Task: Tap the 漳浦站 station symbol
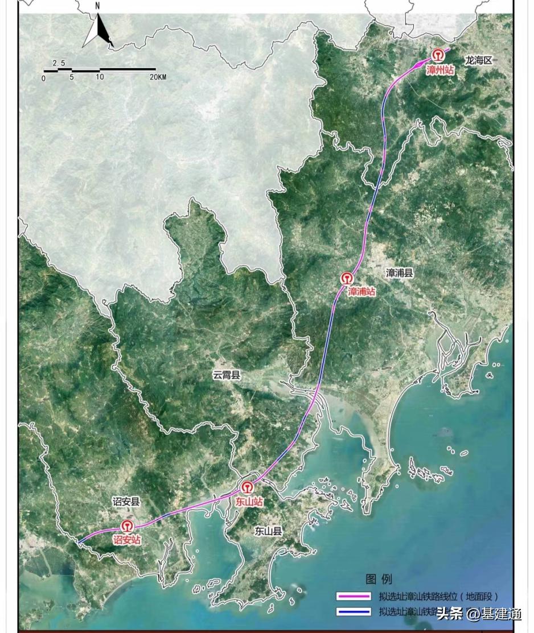pyautogui.click(x=347, y=279)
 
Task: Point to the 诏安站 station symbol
pyautogui.click(x=126, y=526)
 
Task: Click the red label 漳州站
pyautogui.click(x=440, y=70)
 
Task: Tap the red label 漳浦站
pyautogui.click(x=362, y=292)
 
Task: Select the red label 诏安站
pyautogui.click(x=126, y=540)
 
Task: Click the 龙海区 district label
pyautogui.click(x=478, y=60)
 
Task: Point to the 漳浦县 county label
pyautogui.click(x=400, y=273)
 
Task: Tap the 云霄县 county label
pyautogui.click(x=227, y=375)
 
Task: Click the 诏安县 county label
pyautogui.click(x=126, y=502)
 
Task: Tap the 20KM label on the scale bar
pyautogui.click(x=158, y=77)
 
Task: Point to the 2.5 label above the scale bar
pyautogui.click(x=59, y=63)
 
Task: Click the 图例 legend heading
pyautogui.click(x=379, y=579)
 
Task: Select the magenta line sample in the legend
pyautogui.click(x=354, y=597)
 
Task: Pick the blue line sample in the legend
pyautogui.click(x=354, y=613)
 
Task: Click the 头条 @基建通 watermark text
pyautogui.click(x=478, y=614)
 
